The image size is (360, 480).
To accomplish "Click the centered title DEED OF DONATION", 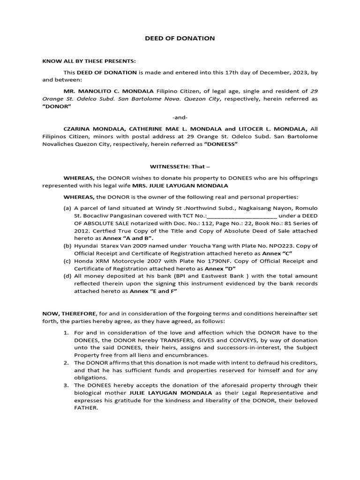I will pyautogui.click(x=180, y=38).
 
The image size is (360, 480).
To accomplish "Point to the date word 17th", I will pyautogui.click(x=221, y=73).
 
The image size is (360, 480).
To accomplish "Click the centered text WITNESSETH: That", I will pyautogui.click(x=180, y=166).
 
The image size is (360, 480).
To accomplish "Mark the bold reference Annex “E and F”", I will pyautogui.click(x=153, y=291).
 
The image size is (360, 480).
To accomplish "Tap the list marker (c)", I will pyautogui.click(x=67, y=261).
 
